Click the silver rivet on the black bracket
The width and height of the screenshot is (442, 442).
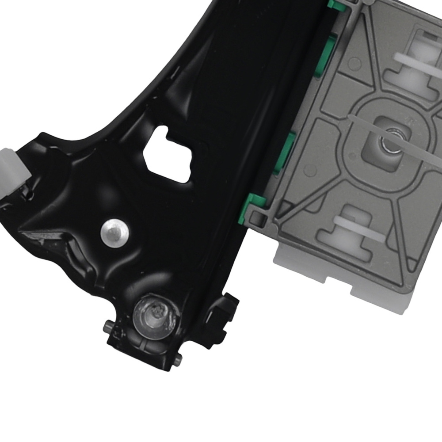[x=114, y=231]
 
